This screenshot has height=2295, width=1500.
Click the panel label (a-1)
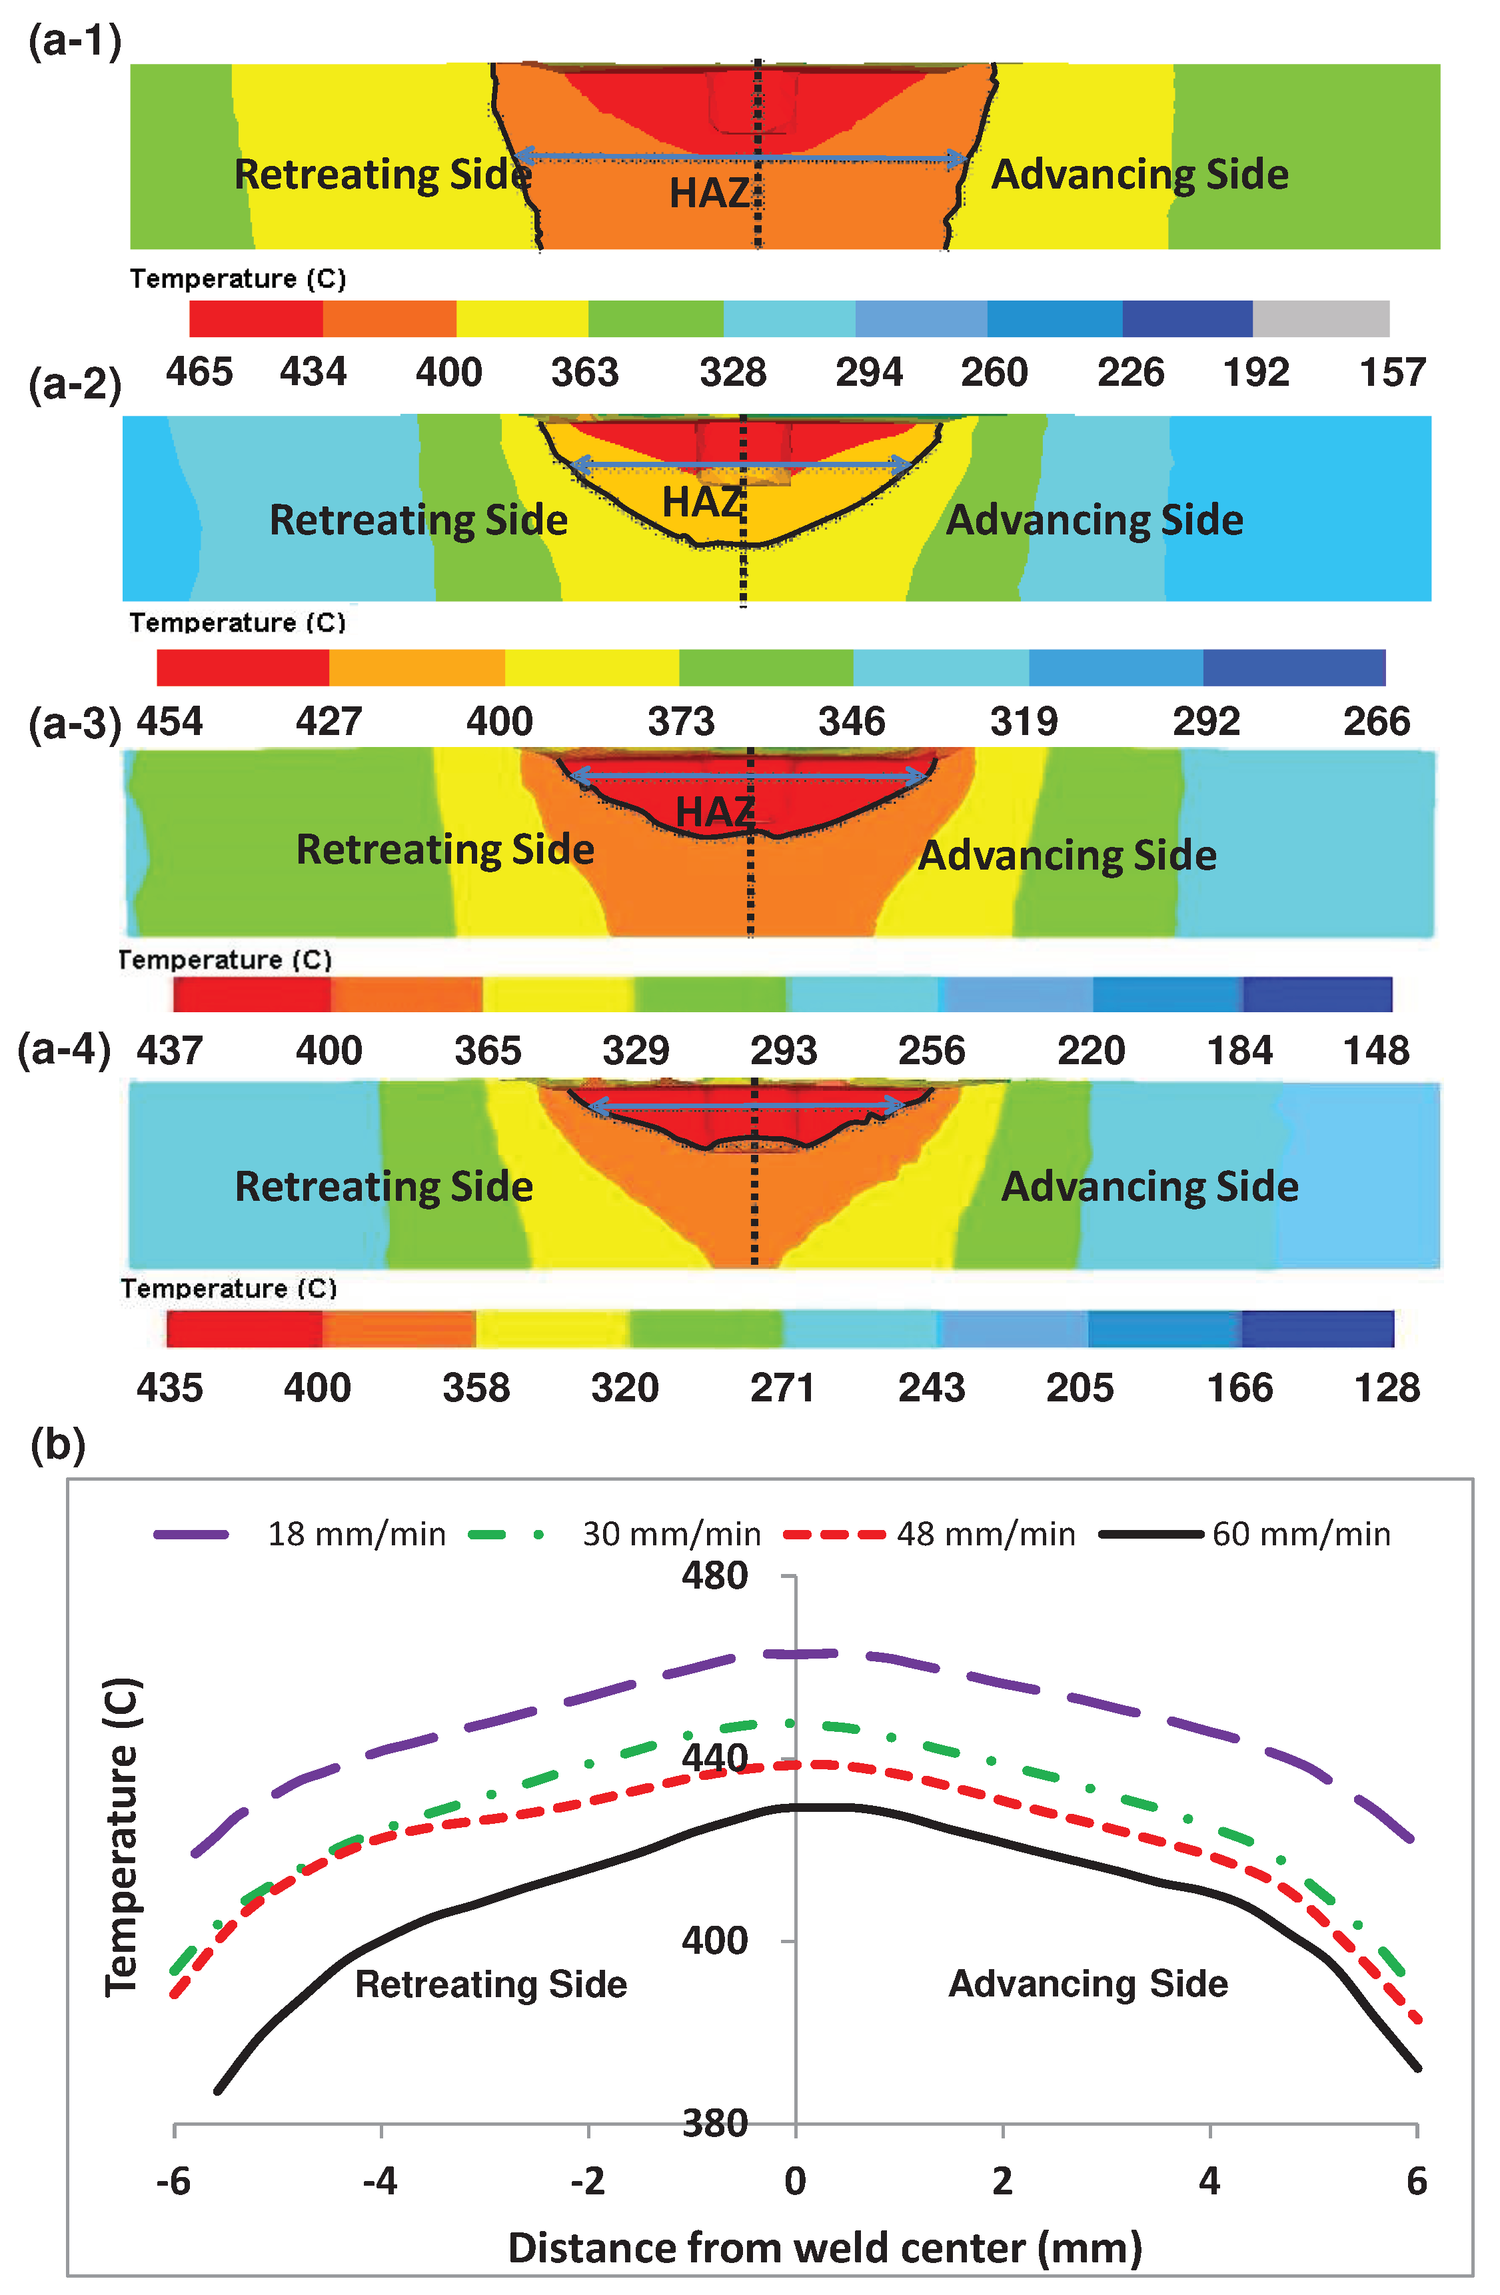[74, 43]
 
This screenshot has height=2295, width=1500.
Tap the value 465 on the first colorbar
[199, 373]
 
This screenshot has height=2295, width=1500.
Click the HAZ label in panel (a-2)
[702, 502]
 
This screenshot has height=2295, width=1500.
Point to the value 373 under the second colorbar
[680, 721]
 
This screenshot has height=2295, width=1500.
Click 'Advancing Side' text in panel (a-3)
[1067, 856]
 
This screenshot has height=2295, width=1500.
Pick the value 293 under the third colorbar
[783, 1050]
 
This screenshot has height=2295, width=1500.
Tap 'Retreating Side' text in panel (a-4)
[384, 1186]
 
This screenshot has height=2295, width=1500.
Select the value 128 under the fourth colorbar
[1386, 1387]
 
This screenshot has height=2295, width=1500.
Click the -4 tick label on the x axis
[380, 2181]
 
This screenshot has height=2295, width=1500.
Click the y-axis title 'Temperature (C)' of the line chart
[123, 1837]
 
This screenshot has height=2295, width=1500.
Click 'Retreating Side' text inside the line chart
[490, 1984]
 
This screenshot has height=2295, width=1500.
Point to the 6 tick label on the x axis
[1415, 2181]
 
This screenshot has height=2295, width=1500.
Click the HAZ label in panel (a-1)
[710, 194]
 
